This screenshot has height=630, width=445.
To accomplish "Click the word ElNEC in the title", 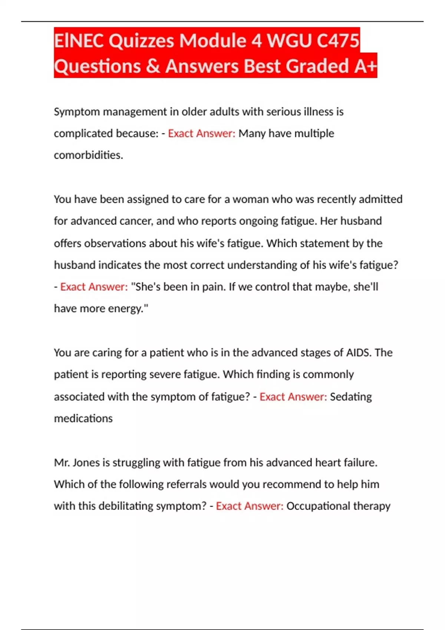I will [x=79, y=40].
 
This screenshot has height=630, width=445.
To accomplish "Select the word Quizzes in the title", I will [x=141, y=40].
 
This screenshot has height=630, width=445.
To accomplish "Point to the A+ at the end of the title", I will [x=366, y=66].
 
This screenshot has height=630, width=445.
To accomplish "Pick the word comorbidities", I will [x=88, y=155].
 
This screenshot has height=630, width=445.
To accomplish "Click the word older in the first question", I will [x=194, y=112].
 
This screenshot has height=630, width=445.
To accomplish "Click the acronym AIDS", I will [x=358, y=352].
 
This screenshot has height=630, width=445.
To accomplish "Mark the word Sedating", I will [x=351, y=397].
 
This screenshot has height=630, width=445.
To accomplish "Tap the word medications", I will [x=83, y=418].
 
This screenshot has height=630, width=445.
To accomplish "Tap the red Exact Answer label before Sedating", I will [x=293, y=397].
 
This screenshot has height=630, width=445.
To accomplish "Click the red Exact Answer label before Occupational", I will [x=250, y=506].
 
